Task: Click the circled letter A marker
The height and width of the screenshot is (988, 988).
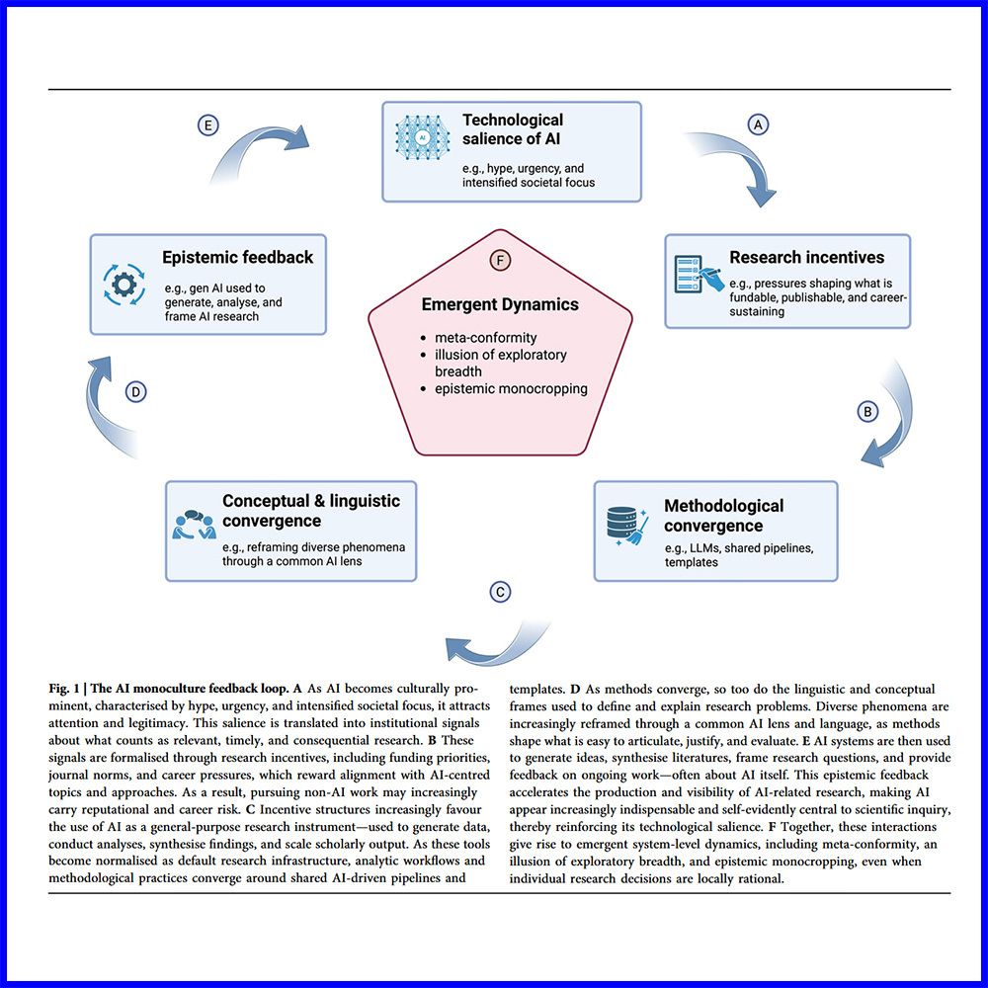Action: point(759,124)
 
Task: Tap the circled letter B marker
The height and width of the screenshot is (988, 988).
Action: point(867,411)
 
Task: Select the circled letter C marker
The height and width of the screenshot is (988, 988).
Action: point(501,592)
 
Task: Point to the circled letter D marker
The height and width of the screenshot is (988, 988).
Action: point(136,392)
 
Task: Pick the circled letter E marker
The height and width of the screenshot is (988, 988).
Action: point(207,125)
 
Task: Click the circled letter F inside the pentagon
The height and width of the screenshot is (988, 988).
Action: point(500,260)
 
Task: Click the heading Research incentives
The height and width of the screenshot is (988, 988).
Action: point(806,257)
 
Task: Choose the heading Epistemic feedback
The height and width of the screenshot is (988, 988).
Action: point(237,257)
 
